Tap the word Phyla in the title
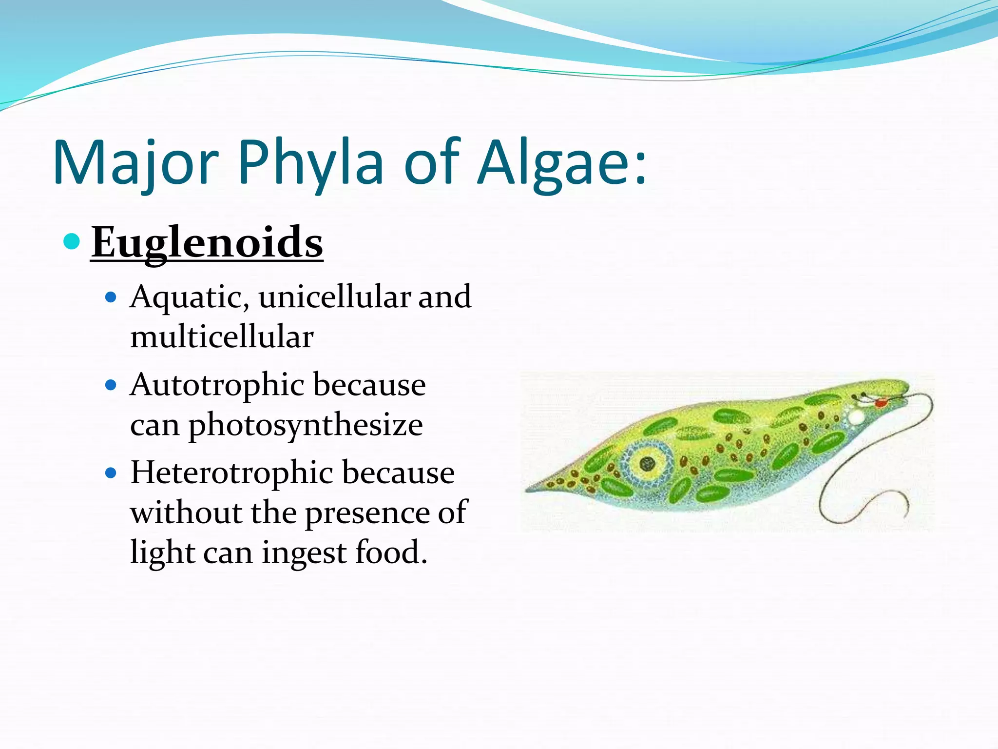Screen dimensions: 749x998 coord(310,163)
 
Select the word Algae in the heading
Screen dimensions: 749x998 coord(556,163)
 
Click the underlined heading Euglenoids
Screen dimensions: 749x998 coord(207,242)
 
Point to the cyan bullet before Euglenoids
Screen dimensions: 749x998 coord(72,241)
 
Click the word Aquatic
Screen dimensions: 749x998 coord(190,297)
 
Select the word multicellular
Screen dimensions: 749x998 coord(222,337)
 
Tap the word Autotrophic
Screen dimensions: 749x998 coord(217,385)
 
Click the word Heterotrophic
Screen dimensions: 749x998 coord(232,473)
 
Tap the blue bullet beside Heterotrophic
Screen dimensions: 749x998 coord(111,473)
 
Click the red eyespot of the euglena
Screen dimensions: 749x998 coord(880,403)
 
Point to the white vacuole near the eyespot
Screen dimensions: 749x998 coord(856,417)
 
